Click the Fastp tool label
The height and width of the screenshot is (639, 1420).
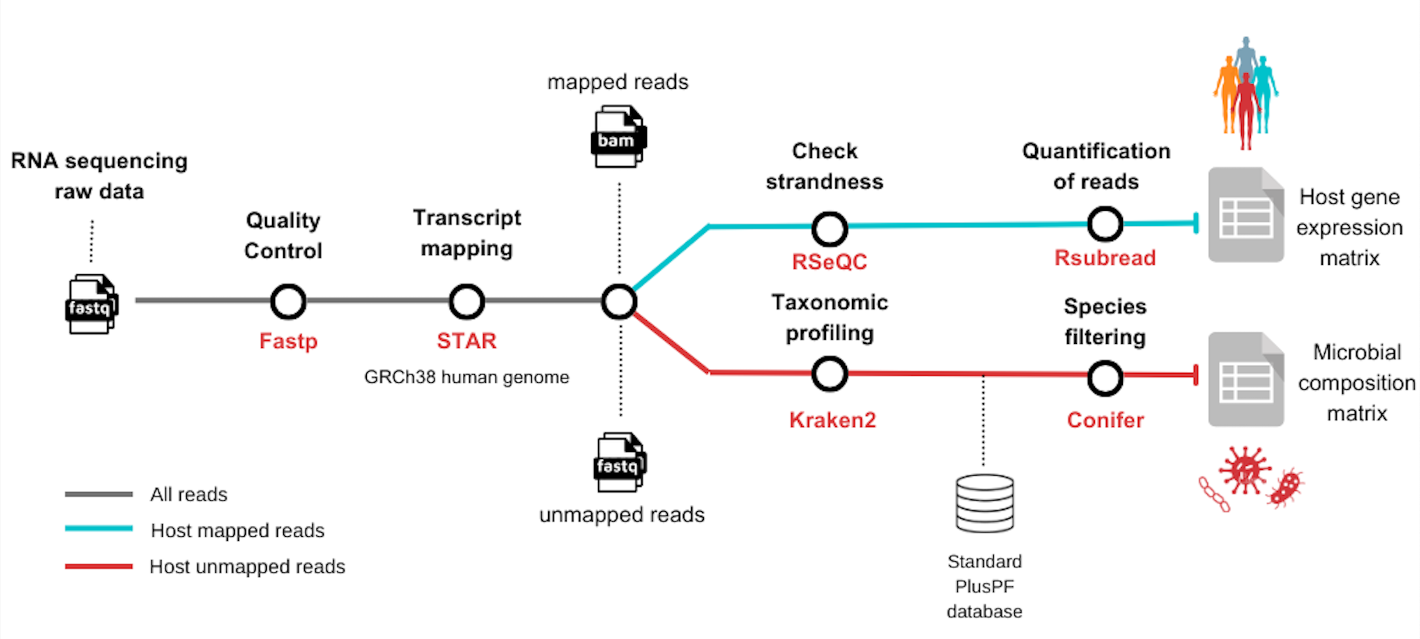[x=288, y=341]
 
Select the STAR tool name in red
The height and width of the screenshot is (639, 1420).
[x=466, y=341]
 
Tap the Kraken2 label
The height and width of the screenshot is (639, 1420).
[x=832, y=420]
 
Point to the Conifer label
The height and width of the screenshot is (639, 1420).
[x=1105, y=420]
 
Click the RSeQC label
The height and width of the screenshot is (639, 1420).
[x=829, y=261]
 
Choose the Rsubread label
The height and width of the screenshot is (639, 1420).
[x=1105, y=257]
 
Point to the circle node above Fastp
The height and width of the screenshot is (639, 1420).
[x=288, y=301]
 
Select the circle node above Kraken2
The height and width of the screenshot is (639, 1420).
[x=829, y=374]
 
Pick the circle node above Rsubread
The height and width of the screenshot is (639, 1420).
[x=1105, y=224]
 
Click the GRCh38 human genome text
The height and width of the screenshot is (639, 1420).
[x=466, y=377]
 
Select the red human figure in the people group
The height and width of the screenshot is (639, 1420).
[x=1245, y=110]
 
